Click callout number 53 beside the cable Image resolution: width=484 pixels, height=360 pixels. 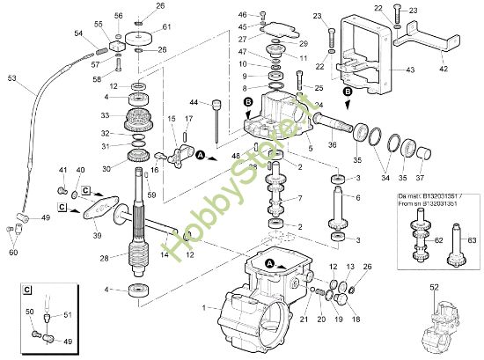point(11,78)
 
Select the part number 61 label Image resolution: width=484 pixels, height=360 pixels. point(167,27)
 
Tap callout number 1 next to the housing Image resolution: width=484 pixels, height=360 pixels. point(204,307)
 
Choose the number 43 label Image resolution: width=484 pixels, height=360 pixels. point(408,70)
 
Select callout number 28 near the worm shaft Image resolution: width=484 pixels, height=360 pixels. point(105,258)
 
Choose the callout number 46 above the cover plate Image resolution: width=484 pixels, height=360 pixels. point(242,15)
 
